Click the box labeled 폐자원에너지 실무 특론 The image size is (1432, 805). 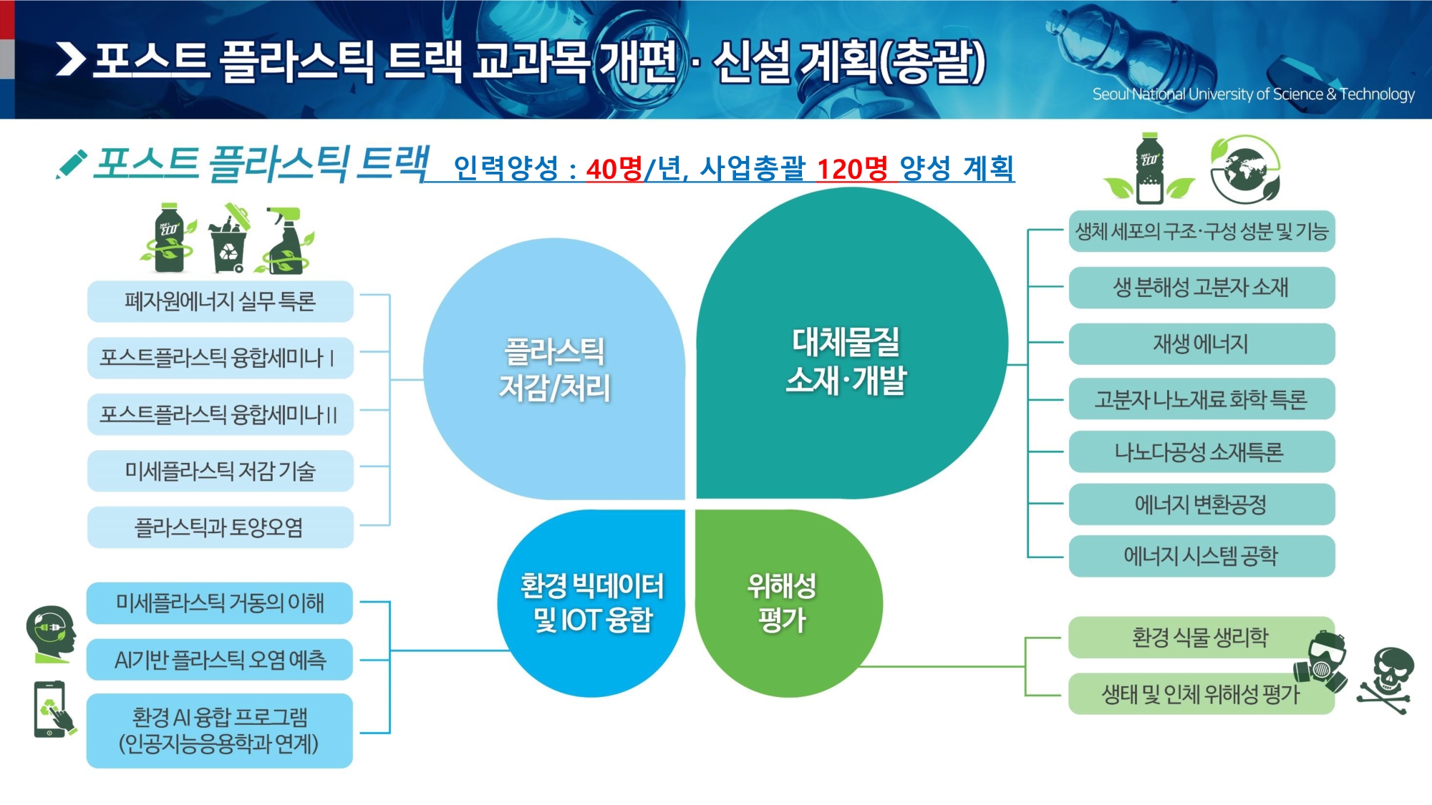click(221, 301)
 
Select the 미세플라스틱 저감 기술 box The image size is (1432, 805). click(221, 471)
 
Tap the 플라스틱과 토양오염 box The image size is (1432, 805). click(221, 527)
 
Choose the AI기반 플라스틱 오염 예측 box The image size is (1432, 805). click(220, 659)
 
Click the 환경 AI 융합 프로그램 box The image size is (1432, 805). click(220, 731)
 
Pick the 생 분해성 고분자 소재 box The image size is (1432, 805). click(1201, 288)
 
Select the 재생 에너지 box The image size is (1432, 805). click(1201, 343)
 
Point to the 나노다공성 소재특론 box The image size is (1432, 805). click(1201, 452)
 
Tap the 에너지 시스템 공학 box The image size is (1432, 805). click(1201, 556)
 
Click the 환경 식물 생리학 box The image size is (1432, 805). click(1201, 637)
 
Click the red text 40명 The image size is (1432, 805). click(614, 169)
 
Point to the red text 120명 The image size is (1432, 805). click(852, 169)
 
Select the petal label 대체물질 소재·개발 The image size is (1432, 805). click(846, 361)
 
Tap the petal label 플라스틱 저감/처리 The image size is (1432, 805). click(555, 369)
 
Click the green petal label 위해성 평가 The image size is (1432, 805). click(782, 602)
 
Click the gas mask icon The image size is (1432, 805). click(1322, 661)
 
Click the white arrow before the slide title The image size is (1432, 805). click(71, 59)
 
